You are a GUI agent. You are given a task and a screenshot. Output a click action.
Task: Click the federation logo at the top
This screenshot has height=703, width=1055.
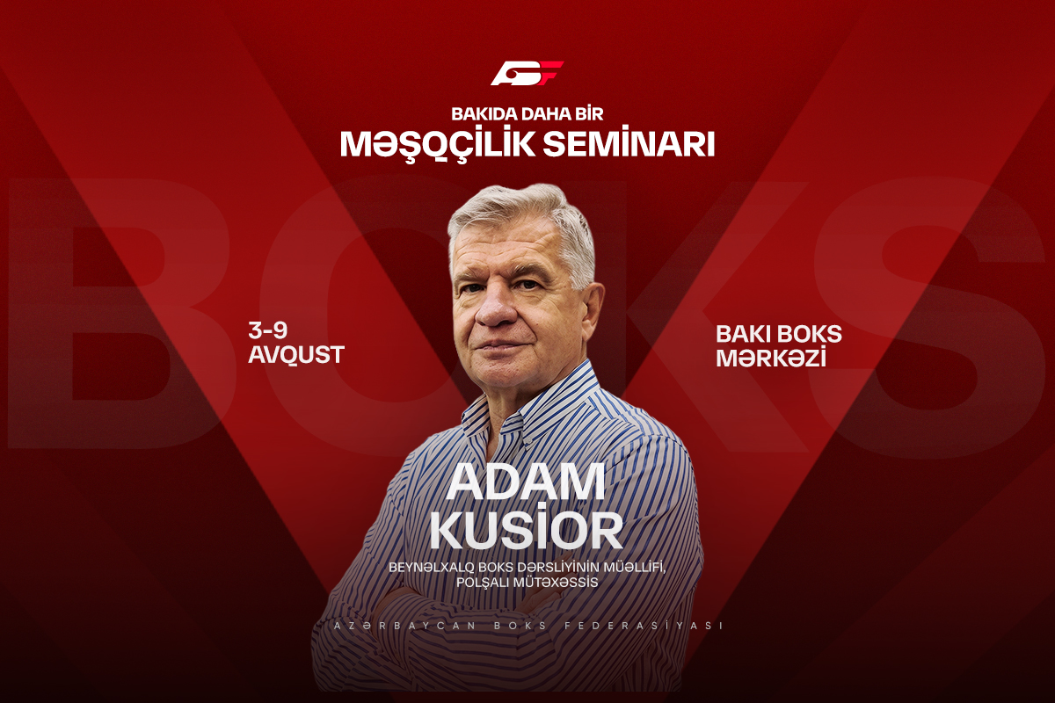click(527, 73)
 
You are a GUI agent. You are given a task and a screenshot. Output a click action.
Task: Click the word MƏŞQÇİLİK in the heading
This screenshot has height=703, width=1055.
click(438, 144)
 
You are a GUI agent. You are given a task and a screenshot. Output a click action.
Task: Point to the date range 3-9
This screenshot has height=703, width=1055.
click(268, 330)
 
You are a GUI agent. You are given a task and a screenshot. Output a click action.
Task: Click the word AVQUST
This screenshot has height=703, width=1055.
click(296, 354)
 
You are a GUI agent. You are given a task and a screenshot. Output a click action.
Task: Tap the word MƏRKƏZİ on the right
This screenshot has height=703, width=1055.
click(771, 358)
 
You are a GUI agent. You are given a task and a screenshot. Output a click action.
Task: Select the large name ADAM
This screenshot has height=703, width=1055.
click(526, 482)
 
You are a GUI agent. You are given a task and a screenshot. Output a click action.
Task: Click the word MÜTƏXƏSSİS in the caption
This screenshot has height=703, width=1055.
click(556, 583)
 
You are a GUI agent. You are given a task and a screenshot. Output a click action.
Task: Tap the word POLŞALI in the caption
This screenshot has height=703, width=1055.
click(483, 583)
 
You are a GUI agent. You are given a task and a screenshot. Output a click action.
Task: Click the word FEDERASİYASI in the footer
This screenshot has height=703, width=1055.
click(644, 626)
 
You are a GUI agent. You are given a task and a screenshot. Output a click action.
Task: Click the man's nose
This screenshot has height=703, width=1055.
click(496, 308)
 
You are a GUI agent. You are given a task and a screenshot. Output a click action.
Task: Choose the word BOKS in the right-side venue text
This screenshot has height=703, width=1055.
click(810, 334)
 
